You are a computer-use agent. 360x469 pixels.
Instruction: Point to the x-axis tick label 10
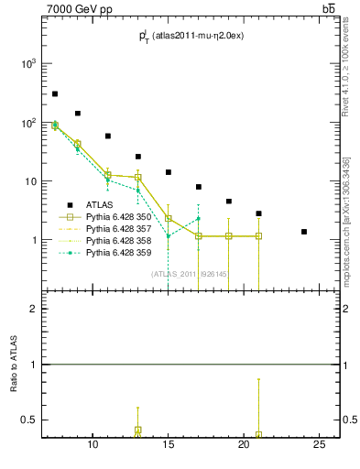93,445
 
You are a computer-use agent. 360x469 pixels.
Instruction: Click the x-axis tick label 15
169,445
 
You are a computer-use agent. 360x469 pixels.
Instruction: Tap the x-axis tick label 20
244,445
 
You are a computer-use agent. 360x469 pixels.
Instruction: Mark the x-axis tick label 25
319,445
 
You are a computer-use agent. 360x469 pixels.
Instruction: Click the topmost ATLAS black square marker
55,93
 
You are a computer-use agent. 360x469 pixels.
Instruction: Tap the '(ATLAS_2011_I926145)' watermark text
189,273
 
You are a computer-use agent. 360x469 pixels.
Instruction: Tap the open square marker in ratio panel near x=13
138,430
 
